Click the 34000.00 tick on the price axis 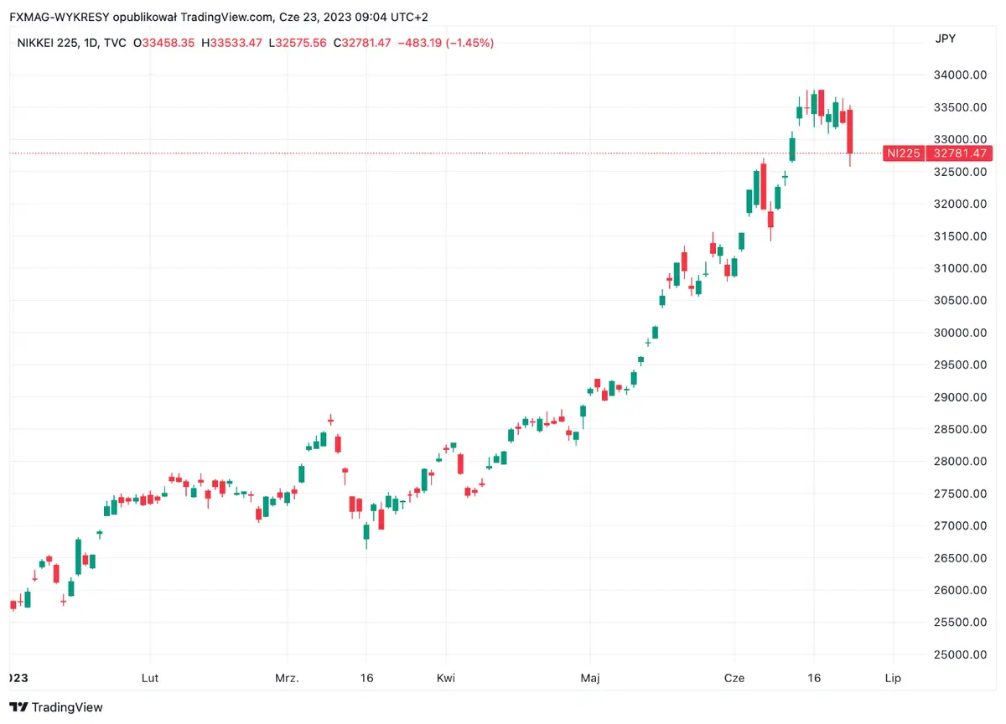pyautogui.click(x=961, y=75)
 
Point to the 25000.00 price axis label pyautogui.click(x=961, y=654)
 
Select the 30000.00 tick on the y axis pyautogui.click(x=961, y=333)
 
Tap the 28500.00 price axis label pyautogui.click(x=961, y=429)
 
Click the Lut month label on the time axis pyautogui.click(x=150, y=678)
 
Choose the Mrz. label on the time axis pyautogui.click(x=287, y=678)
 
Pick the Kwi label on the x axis pyautogui.click(x=446, y=678)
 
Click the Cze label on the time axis pyautogui.click(x=734, y=678)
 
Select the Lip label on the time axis pyautogui.click(x=893, y=678)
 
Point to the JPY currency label pyautogui.click(x=945, y=39)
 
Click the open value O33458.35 pyautogui.click(x=168, y=43)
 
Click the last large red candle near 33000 pyautogui.click(x=850, y=132)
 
